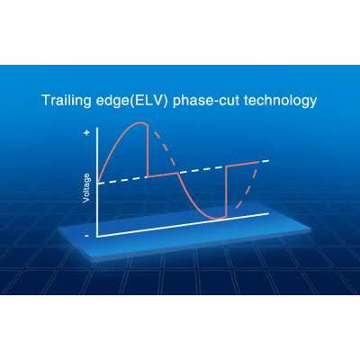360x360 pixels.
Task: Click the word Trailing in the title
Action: [x=67, y=101]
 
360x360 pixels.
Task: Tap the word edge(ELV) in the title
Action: [x=132, y=101]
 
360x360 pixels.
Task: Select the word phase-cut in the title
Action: [x=206, y=101]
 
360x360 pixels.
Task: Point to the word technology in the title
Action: [x=281, y=101]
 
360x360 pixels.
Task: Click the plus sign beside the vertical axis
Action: [x=87, y=132]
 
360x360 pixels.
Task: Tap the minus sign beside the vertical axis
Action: [x=86, y=236]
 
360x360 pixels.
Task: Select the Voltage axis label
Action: [x=86, y=188]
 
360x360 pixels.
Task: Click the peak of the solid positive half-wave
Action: [x=139, y=122]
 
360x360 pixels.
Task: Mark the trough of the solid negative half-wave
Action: [x=217, y=218]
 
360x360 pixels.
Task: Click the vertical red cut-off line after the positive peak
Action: [x=148, y=150]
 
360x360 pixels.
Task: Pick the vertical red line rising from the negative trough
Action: [x=226, y=192]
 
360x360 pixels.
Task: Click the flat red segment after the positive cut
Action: [x=163, y=175]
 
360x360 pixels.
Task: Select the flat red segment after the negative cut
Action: [x=242, y=164]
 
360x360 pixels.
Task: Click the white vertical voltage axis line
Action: [x=97, y=182]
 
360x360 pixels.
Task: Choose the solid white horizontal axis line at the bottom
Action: [x=183, y=225]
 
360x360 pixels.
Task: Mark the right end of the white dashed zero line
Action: [x=268, y=161]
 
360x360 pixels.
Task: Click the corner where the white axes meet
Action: [x=97, y=237]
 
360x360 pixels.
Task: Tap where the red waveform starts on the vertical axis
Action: [x=98, y=182]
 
